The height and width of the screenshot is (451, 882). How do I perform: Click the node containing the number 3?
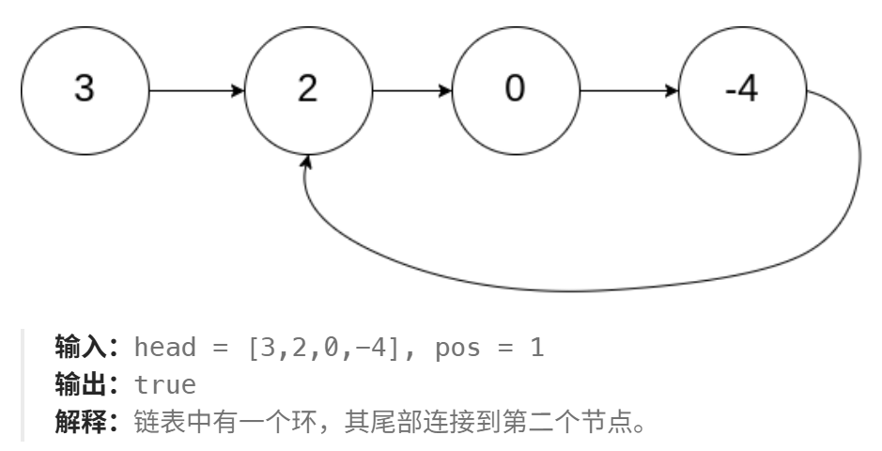tap(85, 91)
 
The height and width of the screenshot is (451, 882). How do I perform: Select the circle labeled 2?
tap(308, 91)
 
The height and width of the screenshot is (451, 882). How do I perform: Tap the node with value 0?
tap(515, 91)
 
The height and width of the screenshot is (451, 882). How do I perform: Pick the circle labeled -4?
tap(741, 91)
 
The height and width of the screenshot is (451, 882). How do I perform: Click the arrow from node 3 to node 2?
tap(195, 91)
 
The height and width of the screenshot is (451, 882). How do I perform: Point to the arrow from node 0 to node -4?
tap(627, 91)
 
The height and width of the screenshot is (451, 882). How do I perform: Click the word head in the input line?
tap(164, 350)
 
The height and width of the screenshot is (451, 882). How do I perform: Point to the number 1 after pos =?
tap(536, 350)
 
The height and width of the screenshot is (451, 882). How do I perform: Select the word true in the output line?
tap(164, 384)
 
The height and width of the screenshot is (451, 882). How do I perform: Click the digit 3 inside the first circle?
tap(85, 91)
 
